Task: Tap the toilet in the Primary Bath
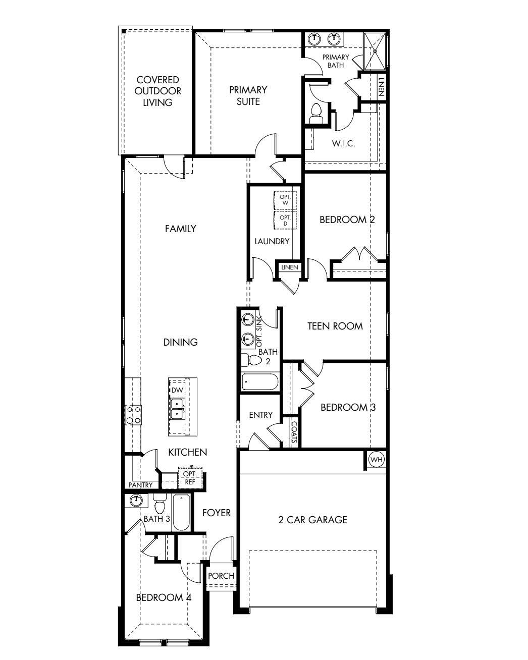(316, 113)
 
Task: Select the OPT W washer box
(285, 200)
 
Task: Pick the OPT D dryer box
(285, 220)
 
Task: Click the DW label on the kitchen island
(176, 390)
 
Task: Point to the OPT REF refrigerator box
(189, 478)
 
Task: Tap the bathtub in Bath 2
(260, 382)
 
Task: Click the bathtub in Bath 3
(181, 512)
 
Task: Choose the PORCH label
(221, 576)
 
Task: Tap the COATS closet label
(293, 432)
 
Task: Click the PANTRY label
(140, 485)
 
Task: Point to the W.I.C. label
(343, 143)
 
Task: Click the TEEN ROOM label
(335, 326)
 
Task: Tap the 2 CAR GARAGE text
(313, 519)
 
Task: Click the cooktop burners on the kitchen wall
(134, 415)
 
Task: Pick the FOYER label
(217, 513)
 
